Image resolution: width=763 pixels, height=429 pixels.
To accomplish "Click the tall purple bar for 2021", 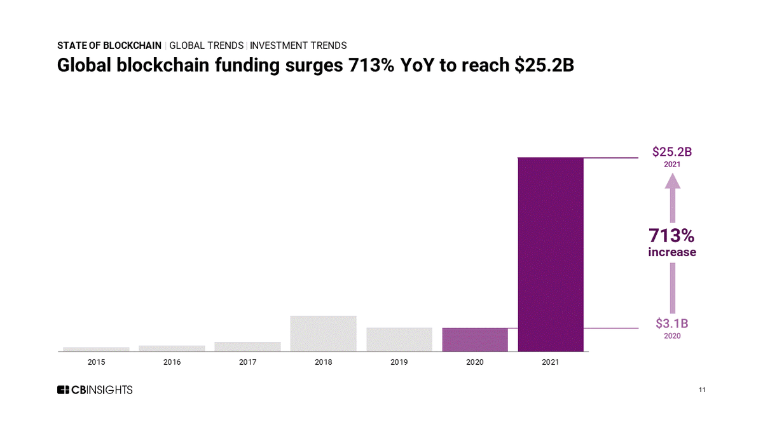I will (551, 254).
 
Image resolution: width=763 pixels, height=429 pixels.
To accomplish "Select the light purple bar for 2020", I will (475, 339).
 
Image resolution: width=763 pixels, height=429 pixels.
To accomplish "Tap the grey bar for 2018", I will (323, 333).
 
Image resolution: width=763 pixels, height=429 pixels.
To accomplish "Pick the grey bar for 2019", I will (399, 339).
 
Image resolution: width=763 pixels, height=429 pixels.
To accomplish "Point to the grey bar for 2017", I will (247, 346).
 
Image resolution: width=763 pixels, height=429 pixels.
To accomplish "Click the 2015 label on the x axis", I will (96, 362).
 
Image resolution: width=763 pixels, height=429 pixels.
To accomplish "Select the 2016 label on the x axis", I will (172, 362).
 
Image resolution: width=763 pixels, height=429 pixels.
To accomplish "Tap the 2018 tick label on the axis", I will (323, 362).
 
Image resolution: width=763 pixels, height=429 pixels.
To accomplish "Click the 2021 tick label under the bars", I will (551, 362).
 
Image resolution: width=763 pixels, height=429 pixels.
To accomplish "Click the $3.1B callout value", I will (672, 323).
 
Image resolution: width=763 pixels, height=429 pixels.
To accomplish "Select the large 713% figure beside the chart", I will (671, 236).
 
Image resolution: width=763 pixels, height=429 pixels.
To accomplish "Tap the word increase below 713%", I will (672, 252).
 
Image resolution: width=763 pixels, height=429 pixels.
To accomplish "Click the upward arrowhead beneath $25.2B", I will (672, 181).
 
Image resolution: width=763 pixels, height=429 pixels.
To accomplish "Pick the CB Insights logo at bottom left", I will (95, 390).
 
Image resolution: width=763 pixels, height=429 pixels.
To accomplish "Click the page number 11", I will (703, 390).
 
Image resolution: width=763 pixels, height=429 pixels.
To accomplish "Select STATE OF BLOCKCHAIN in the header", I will (109, 46).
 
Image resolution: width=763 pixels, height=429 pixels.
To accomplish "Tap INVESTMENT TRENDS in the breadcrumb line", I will (298, 46).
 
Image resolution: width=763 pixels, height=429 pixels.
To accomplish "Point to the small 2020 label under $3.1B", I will (672, 336).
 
